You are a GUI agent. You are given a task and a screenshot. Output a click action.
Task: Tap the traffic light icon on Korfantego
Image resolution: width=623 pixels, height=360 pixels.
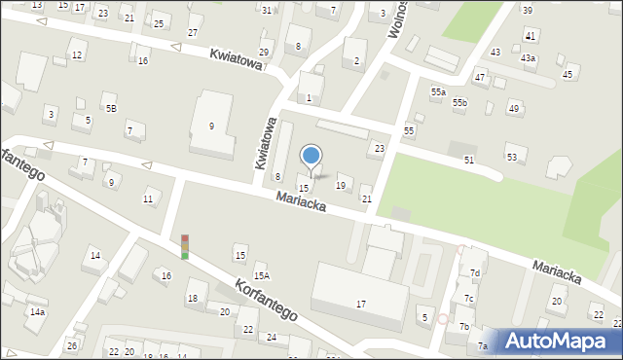coord(184,246)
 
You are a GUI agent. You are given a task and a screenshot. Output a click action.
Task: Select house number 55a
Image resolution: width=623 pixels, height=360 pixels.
coord(438,91)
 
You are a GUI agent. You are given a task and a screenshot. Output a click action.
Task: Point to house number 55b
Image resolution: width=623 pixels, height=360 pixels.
coord(459,102)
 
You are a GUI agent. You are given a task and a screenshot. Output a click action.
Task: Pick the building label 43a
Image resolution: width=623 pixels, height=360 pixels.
coord(528,58)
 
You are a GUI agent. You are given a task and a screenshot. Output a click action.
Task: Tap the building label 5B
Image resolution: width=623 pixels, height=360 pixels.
coord(111,108)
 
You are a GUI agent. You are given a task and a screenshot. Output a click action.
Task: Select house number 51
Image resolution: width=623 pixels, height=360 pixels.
coord(469,160)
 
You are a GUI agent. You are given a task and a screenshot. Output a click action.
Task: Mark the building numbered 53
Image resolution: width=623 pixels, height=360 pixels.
coord(512,157)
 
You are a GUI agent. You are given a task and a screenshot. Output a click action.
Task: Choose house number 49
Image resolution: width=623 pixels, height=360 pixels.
coord(513,108)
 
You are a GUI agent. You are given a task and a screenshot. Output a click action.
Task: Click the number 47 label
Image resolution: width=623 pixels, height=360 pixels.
coord(480,76)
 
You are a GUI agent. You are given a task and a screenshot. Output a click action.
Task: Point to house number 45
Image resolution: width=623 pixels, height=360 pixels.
coord(568,74)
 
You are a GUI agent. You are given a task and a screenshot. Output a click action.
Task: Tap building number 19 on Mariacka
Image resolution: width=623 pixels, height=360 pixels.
coord(341,185)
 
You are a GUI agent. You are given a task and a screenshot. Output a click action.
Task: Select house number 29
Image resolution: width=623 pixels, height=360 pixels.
coord(264,52)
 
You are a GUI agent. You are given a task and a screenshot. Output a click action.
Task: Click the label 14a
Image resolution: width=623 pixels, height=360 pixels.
coord(37,312)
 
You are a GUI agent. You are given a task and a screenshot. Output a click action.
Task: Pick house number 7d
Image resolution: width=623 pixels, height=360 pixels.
coord(475,273)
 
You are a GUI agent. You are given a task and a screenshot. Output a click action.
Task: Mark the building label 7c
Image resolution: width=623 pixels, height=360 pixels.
coord(469,298)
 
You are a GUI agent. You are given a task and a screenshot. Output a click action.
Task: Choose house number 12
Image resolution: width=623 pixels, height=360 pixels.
coord(76,55)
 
